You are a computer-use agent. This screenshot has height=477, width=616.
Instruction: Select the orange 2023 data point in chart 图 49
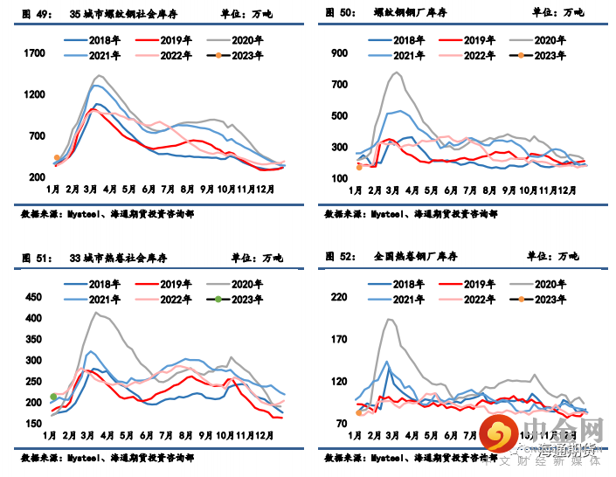coord(57,158)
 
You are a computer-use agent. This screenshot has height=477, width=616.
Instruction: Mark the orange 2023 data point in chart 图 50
coord(359,167)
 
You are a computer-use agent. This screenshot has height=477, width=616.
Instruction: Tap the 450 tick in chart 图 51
coord(33,297)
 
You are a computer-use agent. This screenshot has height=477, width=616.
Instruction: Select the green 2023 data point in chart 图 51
coord(54,397)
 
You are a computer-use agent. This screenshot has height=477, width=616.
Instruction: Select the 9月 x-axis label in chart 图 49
coord(206,190)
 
